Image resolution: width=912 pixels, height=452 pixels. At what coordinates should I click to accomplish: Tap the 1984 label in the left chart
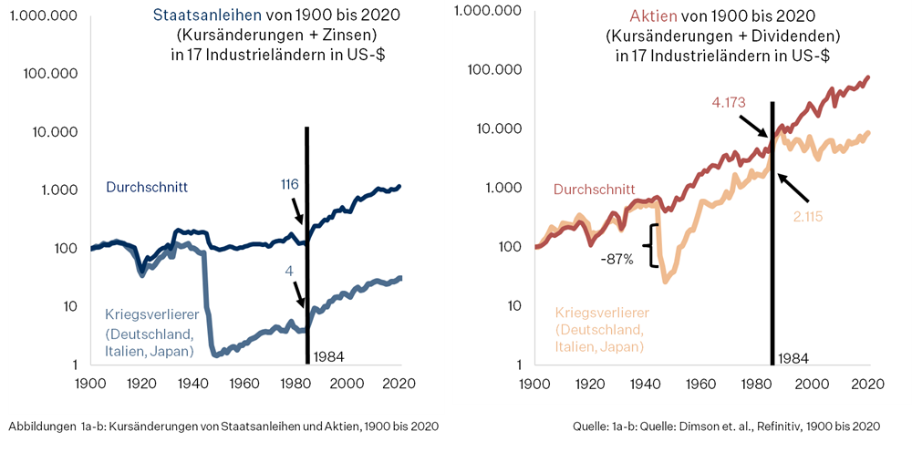pyautogui.click(x=328, y=355)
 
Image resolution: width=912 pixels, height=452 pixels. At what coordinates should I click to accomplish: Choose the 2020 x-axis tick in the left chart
pyautogui.click(x=399, y=383)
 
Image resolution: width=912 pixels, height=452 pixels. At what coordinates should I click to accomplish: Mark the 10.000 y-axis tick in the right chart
pyautogui.click(x=503, y=128)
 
